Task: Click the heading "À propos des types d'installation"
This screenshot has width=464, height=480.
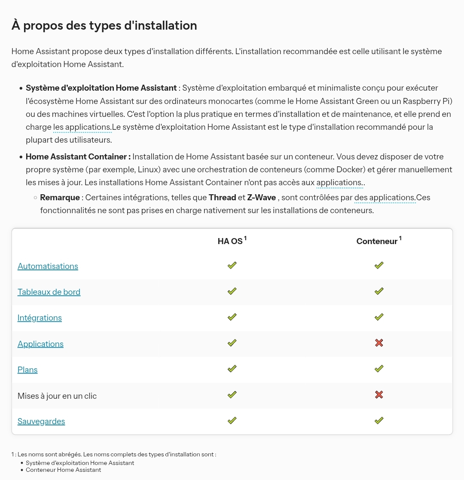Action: pyautogui.click(x=104, y=25)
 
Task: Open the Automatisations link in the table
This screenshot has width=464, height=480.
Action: pyautogui.click(x=48, y=266)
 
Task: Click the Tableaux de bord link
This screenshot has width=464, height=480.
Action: pyautogui.click(x=49, y=292)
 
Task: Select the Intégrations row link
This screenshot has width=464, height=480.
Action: pyautogui.click(x=40, y=318)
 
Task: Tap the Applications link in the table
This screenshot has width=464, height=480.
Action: pyautogui.click(x=40, y=344)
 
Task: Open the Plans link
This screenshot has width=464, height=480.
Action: pyautogui.click(x=27, y=370)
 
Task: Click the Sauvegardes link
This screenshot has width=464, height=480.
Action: pyautogui.click(x=41, y=421)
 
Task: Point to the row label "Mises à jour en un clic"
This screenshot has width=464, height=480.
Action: pyautogui.click(x=57, y=396)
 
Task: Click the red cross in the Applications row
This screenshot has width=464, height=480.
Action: pyautogui.click(x=379, y=343)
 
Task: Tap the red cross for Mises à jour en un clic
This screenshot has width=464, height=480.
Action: pyautogui.click(x=379, y=394)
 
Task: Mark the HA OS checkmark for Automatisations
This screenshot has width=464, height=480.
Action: pyautogui.click(x=232, y=266)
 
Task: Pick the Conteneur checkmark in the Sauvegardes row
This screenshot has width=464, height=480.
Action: pyautogui.click(x=379, y=421)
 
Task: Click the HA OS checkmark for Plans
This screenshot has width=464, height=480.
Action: pyautogui.click(x=232, y=369)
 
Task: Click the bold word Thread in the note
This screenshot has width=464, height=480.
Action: pyautogui.click(x=223, y=198)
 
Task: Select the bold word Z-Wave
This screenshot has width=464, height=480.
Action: pyautogui.click(x=262, y=198)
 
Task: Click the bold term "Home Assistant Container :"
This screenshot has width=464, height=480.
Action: pyautogui.click(x=78, y=156)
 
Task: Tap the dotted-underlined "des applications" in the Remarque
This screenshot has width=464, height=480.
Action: pyautogui.click(x=385, y=198)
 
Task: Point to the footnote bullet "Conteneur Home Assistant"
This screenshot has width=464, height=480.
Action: pyautogui.click(x=63, y=470)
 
